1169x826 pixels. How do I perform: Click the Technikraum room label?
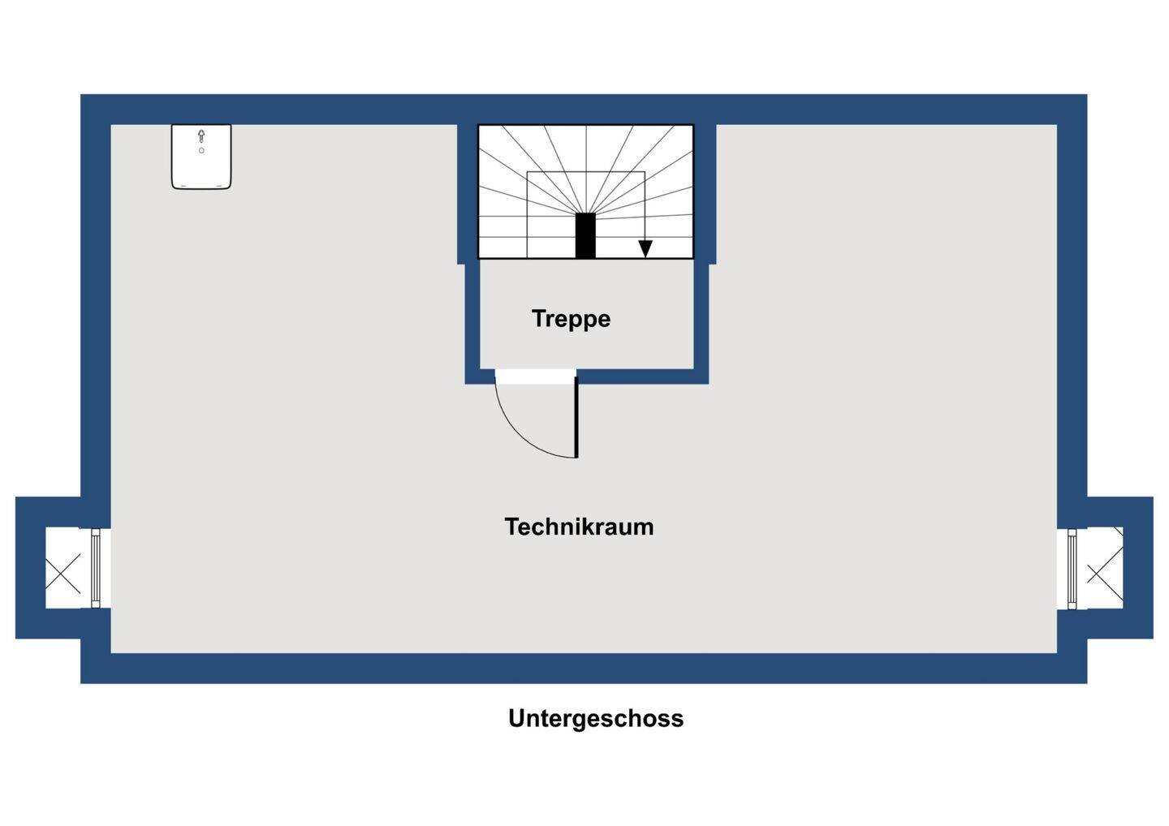579,527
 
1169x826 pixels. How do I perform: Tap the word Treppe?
571,318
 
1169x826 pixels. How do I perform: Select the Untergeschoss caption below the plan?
595,718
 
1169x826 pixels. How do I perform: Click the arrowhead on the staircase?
645,249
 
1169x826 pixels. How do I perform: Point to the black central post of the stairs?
585,235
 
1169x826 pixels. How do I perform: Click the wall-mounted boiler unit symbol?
201,157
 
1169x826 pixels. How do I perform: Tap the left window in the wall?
96,568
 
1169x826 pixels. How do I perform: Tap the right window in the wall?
1072,568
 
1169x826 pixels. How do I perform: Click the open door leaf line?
576,418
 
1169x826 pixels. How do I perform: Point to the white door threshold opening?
535,376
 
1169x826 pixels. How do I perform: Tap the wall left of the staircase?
467,195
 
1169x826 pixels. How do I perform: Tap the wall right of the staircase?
705,195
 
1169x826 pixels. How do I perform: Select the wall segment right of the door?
641,376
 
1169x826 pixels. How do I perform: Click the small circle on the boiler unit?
201,151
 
